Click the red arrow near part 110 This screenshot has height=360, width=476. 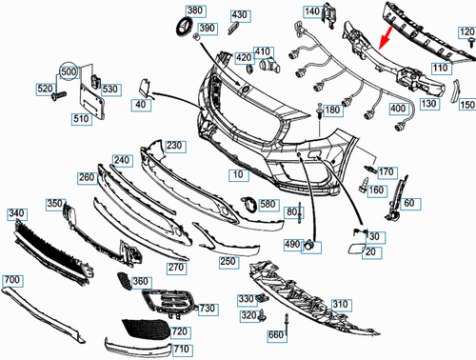pos(386,38)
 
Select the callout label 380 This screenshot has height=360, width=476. pos(195,11)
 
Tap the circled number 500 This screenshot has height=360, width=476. pos(69,71)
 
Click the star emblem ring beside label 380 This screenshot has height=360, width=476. pos(185,27)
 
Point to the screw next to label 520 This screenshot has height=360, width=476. pos(59,96)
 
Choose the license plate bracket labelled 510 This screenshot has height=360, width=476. pos(91,102)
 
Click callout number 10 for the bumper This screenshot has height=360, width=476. pos(239,175)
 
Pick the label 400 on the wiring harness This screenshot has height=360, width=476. pos(399,109)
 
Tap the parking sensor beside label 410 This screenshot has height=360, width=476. pos(269,65)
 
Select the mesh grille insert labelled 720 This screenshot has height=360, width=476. pos(146,330)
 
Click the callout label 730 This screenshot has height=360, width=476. pos(208,309)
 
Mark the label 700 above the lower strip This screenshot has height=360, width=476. pos(12,280)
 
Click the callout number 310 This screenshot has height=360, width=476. pos(341,305)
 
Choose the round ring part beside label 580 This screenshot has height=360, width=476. pos(249,205)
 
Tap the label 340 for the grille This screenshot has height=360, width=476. pos(17,214)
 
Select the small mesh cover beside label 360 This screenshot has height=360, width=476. pos(124,281)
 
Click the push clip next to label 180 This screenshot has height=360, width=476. pos(319,111)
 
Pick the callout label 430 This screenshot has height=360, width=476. pos(240,16)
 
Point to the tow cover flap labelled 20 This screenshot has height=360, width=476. pos(356,249)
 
